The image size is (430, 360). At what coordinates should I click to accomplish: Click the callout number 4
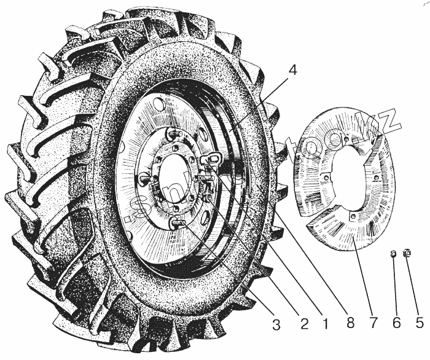(292, 71)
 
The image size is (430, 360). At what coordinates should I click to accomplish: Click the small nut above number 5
(406, 253)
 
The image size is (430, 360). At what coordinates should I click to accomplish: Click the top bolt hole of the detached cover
(348, 140)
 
